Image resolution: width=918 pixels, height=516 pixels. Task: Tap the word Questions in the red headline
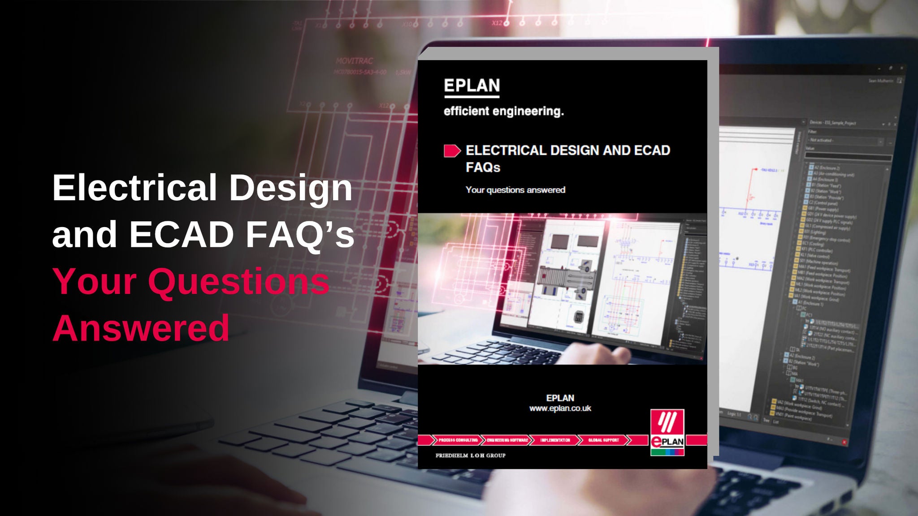[x=238, y=281]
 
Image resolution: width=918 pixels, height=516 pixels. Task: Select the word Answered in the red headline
[x=141, y=328]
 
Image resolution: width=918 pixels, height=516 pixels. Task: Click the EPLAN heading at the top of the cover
[x=472, y=86]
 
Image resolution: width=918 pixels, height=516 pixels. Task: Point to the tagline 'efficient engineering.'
[x=503, y=111]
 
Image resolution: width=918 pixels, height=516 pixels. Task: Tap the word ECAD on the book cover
[x=652, y=150]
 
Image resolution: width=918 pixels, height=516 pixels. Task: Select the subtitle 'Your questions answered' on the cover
[x=515, y=190]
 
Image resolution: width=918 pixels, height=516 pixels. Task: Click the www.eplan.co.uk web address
[x=560, y=408]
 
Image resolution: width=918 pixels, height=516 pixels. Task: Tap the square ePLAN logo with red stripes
[x=667, y=432]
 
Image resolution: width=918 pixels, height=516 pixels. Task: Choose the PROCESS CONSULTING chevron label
[x=458, y=440]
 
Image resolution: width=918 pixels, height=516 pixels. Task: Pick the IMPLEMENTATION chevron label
[x=555, y=440]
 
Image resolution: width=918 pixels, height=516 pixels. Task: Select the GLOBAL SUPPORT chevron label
[x=603, y=440]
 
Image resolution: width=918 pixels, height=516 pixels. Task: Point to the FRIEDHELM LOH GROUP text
[x=470, y=456]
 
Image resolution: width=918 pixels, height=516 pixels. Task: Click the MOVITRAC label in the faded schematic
[x=354, y=61]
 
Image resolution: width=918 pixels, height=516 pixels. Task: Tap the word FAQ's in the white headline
[x=299, y=234]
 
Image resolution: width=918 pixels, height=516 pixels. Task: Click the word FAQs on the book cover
[x=483, y=168]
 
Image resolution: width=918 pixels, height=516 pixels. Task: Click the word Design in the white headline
[x=291, y=187]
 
